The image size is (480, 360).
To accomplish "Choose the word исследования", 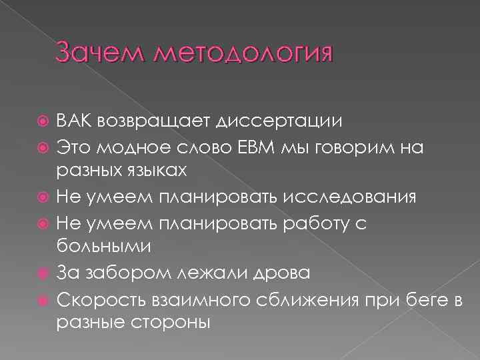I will pos(343,197).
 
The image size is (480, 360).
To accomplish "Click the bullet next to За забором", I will pos(44,272).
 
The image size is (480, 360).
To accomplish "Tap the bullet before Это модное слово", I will pos(44,147).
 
